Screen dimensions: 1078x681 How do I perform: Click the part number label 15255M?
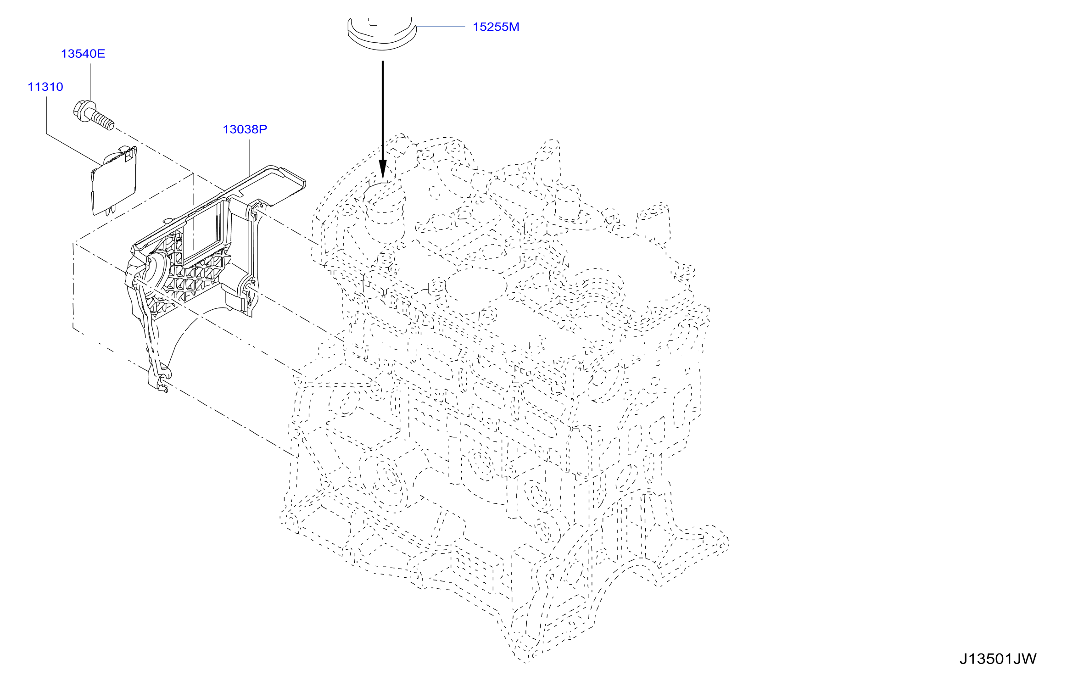[x=496, y=27]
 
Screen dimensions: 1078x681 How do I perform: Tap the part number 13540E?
[x=83, y=54]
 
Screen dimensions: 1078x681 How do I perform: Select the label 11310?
[x=45, y=87]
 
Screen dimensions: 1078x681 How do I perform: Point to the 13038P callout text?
[x=245, y=129]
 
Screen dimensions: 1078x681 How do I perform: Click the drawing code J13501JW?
[x=998, y=659]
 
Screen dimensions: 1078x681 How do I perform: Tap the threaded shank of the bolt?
[x=102, y=118]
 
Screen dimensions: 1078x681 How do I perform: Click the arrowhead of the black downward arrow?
[x=383, y=169]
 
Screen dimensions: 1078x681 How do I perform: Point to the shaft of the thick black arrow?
[x=383, y=111]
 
